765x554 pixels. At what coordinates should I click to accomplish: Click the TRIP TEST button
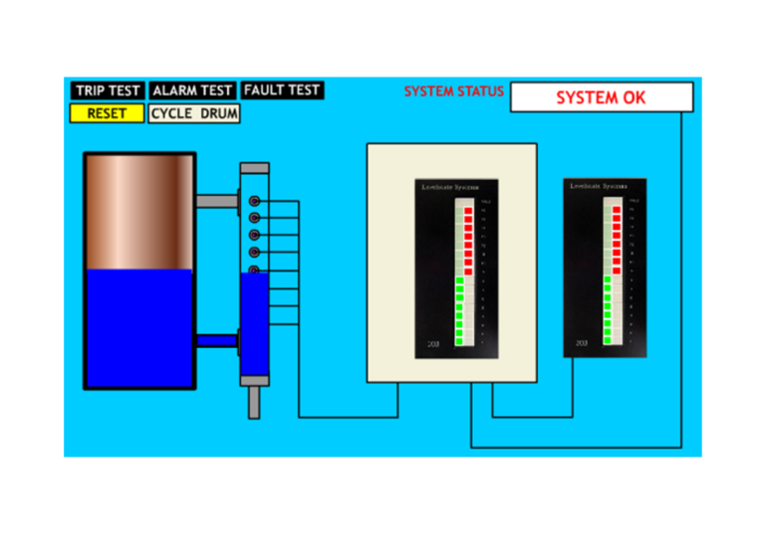click(108, 91)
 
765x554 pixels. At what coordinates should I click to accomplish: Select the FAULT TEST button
click(282, 91)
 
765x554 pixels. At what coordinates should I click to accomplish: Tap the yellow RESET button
click(107, 113)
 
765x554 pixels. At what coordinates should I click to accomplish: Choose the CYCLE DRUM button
click(194, 113)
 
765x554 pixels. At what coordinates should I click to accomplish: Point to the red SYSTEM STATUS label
click(454, 92)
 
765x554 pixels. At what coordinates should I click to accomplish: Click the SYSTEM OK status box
click(601, 97)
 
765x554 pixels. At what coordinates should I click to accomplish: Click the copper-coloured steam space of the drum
click(138, 212)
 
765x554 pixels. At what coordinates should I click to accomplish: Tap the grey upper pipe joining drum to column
click(216, 201)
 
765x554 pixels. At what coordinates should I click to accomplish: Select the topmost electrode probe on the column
click(254, 201)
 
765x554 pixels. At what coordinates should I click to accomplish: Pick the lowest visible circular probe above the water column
click(254, 270)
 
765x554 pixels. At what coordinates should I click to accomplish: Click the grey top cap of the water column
click(254, 168)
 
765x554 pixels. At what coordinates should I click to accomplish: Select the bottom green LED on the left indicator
click(459, 341)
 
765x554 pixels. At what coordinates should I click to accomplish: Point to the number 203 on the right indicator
click(582, 342)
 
